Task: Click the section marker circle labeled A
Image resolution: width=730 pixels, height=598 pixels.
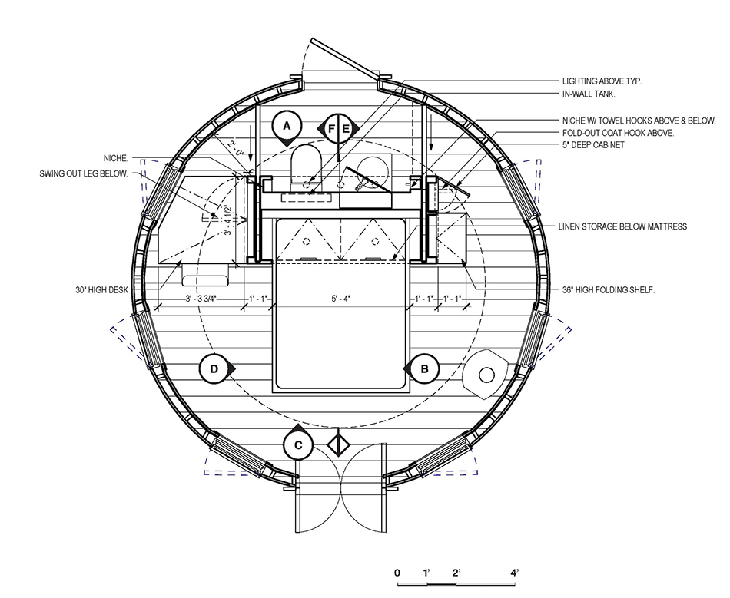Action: (x=287, y=126)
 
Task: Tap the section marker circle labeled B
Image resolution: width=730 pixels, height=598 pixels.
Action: (x=424, y=369)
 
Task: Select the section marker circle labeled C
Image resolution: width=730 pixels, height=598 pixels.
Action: (x=298, y=445)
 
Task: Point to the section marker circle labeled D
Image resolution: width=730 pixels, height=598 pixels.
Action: (x=214, y=369)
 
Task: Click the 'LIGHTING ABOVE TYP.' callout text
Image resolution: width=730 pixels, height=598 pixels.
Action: (x=602, y=81)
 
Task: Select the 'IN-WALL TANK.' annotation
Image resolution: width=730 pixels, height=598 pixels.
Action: (x=589, y=94)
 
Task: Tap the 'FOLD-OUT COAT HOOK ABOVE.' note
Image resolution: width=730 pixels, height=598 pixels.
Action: (x=618, y=133)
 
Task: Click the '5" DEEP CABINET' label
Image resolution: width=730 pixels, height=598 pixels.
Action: (x=593, y=144)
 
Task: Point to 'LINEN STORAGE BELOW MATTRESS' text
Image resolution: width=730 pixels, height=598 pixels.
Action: (x=622, y=226)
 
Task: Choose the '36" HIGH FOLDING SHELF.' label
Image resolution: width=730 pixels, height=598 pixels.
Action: (x=609, y=289)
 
